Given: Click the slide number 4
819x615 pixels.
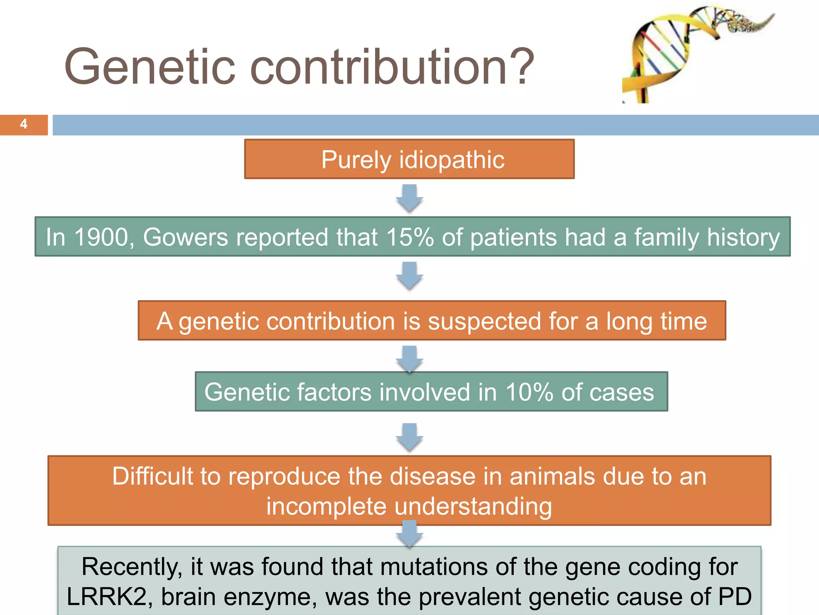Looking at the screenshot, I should click(24, 124).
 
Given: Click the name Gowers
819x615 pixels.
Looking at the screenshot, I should click(186, 237).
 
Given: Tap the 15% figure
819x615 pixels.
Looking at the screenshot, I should click(410, 237).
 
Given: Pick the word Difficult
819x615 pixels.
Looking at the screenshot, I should click(152, 476).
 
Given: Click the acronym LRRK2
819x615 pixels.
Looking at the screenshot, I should click(107, 597).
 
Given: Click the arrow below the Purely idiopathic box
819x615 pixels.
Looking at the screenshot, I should click(409, 198).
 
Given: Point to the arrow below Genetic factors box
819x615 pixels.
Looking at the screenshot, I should click(409, 437).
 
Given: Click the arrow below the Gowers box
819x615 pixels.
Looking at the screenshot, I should click(409, 275).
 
